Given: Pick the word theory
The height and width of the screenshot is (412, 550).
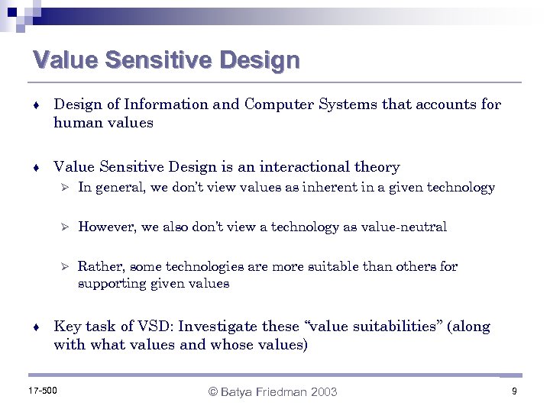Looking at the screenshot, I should point(374,166).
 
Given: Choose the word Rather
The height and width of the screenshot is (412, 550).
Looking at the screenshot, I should point(101,266).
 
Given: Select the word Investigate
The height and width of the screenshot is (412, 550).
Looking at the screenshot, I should point(218,327).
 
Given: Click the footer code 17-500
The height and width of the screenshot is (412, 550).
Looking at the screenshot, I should point(43,391).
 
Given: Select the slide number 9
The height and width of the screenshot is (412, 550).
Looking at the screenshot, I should point(515,391).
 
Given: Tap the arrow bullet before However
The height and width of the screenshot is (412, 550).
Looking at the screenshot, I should point(66,227).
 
